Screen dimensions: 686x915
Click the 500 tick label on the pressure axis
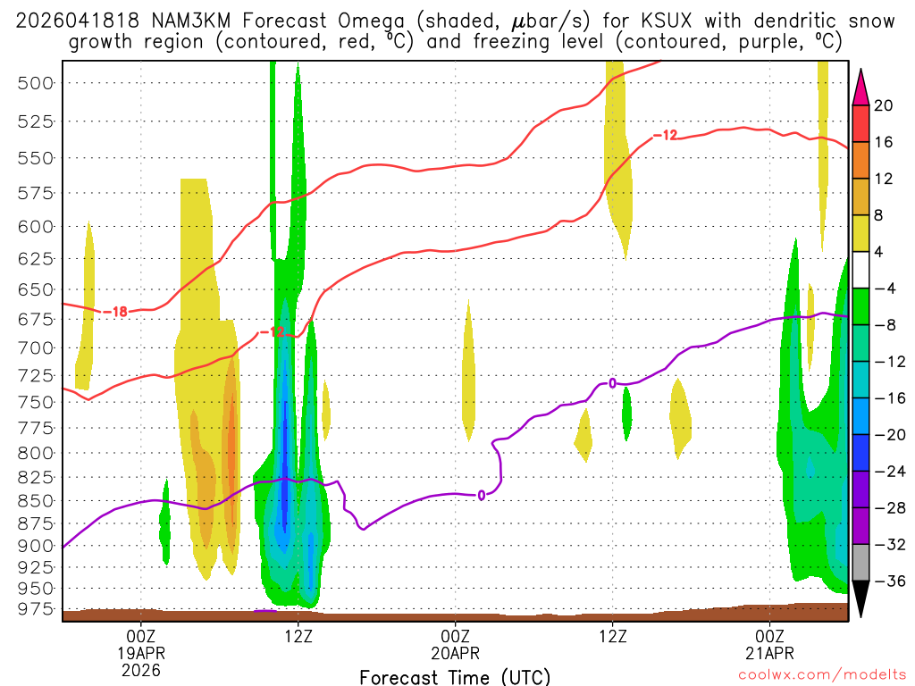[35, 83]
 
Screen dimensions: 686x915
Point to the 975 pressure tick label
[35, 609]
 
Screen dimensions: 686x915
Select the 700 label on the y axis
[35, 347]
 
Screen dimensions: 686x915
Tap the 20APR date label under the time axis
[456, 652]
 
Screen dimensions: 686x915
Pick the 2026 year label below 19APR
[141, 668]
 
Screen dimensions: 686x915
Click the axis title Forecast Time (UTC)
[455, 677]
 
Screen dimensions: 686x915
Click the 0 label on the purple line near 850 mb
[481, 495]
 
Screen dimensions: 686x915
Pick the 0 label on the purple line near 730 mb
[613, 383]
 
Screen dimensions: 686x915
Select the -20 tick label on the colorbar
[887, 434]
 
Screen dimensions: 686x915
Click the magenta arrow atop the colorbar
[860, 88]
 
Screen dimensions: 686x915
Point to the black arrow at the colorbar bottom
[860, 599]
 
